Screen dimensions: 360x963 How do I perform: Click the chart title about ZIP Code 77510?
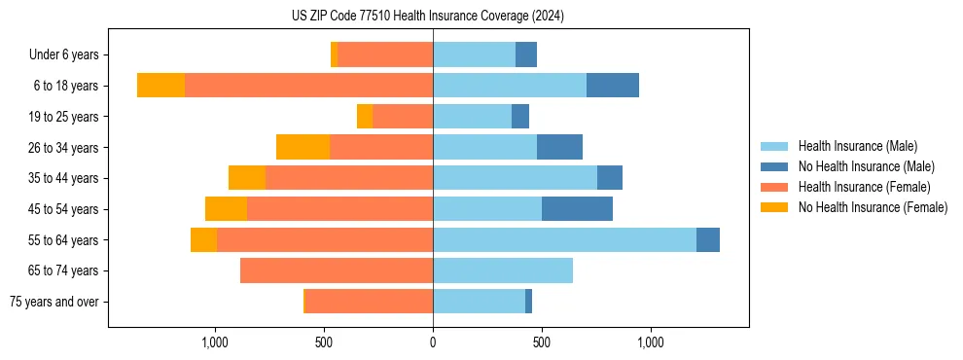click(427, 16)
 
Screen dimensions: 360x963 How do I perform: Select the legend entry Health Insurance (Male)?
click(857, 146)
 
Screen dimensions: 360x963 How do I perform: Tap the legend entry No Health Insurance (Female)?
click(873, 207)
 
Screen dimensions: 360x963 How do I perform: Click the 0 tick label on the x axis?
click(433, 342)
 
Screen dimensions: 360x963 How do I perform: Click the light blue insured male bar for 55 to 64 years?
click(564, 239)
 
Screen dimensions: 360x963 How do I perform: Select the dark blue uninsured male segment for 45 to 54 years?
click(577, 209)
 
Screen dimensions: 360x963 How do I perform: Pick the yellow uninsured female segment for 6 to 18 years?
click(160, 86)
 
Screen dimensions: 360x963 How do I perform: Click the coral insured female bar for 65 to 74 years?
click(337, 270)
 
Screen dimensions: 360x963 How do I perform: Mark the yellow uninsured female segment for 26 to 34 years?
click(303, 147)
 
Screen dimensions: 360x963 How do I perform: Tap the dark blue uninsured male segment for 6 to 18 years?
click(613, 86)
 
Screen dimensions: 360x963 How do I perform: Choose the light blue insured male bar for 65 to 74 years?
click(503, 270)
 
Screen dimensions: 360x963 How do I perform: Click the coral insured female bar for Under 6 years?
click(385, 55)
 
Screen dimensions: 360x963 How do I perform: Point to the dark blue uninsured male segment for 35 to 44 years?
click(610, 178)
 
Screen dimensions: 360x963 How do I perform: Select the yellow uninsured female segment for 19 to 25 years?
click(365, 117)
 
